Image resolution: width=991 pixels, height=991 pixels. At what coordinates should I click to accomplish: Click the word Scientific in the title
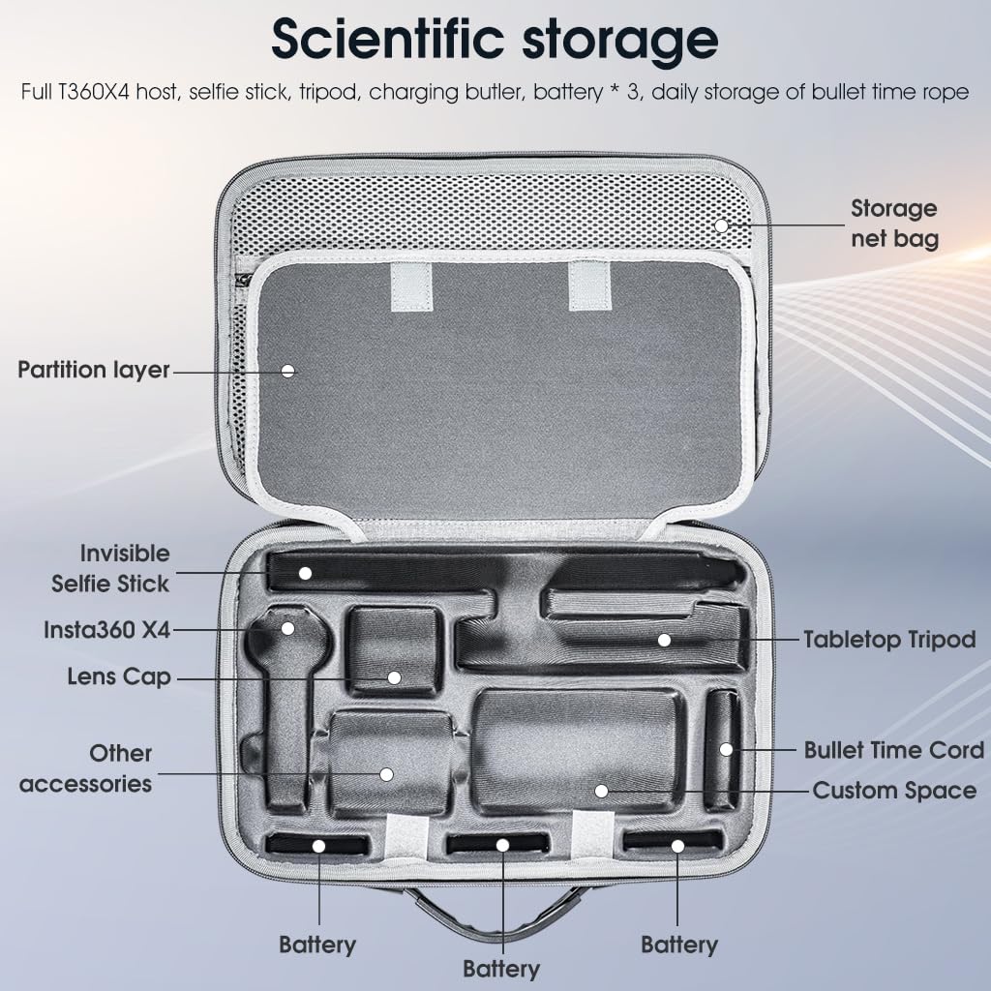point(387,39)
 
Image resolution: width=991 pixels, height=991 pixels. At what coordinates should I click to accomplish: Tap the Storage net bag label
point(893,224)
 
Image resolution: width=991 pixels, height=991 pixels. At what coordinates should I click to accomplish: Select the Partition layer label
point(94,371)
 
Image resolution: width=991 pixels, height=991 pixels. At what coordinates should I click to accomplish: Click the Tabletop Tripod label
point(890,640)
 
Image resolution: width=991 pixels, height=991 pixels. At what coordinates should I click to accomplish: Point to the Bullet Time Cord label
point(893,750)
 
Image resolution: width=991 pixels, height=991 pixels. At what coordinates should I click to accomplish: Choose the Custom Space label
point(894,791)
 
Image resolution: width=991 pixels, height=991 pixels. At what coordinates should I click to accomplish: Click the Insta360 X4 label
point(106,629)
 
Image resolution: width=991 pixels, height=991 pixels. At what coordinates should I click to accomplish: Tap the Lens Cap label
point(119,676)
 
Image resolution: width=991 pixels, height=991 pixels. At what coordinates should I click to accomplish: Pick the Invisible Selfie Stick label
point(110,569)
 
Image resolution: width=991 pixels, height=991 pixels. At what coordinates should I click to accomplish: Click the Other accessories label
point(86,768)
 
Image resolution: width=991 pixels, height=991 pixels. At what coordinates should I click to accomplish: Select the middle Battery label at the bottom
point(501,969)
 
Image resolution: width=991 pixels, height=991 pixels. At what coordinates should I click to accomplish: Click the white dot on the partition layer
point(288,371)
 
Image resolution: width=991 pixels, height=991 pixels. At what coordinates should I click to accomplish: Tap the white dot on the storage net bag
point(722,225)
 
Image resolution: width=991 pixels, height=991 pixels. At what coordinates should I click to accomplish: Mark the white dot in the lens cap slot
point(394,677)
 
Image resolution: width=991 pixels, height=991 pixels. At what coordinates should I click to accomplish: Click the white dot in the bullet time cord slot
point(726,750)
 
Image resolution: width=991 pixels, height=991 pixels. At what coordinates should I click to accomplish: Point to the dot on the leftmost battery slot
point(318,846)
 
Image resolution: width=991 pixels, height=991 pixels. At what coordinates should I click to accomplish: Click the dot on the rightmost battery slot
point(677,846)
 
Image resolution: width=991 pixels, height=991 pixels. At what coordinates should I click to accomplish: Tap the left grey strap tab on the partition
point(410,286)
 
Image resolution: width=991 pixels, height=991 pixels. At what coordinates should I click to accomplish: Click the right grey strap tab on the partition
point(589,285)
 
